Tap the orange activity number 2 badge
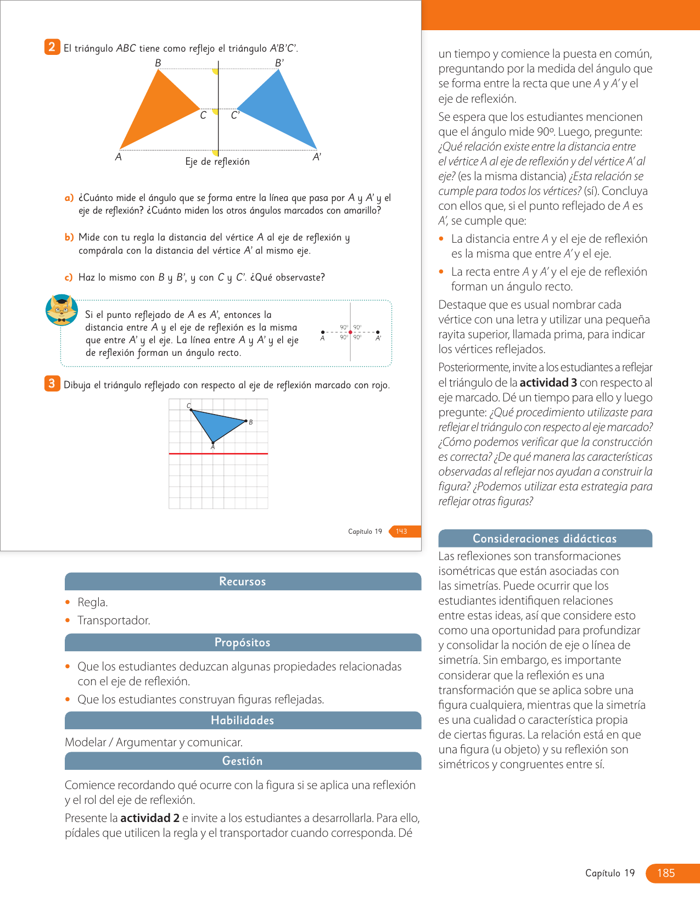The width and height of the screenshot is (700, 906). (x=52, y=47)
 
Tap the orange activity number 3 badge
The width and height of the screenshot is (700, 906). (x=52, y=383)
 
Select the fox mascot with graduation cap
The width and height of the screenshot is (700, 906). (x=61, y=310)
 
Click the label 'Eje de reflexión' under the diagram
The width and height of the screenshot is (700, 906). (x=217, y=161)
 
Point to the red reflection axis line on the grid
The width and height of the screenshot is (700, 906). (x=219, y=454)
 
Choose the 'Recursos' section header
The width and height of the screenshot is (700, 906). (x=243, y=581)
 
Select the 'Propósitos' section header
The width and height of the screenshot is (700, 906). (x=243, y=642)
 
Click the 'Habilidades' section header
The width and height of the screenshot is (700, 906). (x=243, y=720)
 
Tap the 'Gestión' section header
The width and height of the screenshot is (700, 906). (x=243, y=761)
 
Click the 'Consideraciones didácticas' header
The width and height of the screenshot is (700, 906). (x=545, y=539)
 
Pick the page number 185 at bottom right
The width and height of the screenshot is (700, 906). (x=666, y=873)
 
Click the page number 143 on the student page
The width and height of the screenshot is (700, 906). (x=402, y=532)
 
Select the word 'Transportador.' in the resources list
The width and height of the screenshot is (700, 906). (x=114, y=620)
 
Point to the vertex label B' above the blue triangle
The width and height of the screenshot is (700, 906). (x=279, y=63)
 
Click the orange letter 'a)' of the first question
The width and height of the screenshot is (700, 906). (x=69, y=198)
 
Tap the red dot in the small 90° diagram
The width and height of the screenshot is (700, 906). (x=350, y=332)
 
